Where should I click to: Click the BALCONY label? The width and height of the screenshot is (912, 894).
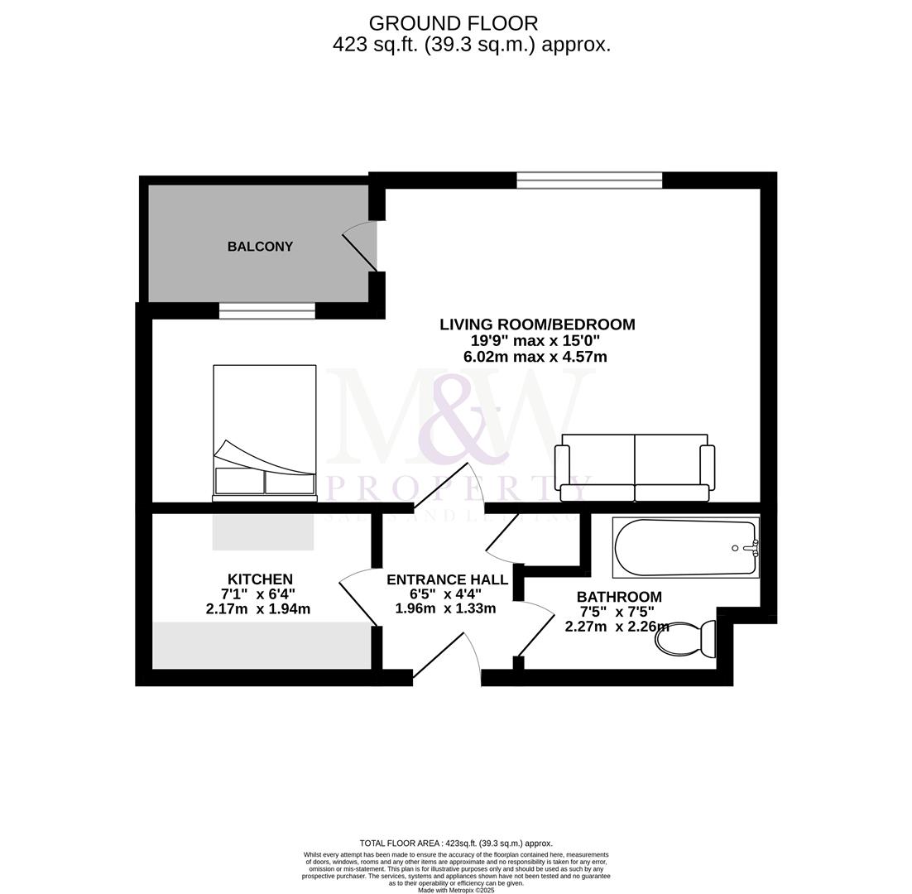260,247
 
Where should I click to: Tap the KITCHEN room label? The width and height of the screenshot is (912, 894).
260,579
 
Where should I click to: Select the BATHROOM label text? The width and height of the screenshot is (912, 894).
619,597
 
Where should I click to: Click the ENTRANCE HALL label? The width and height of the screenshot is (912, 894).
447,579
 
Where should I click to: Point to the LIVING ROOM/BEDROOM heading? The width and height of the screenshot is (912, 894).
537,324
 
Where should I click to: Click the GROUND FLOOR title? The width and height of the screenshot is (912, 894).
454,23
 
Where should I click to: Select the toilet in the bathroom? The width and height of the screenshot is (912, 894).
685,638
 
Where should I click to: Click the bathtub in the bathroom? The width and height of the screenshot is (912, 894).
685,547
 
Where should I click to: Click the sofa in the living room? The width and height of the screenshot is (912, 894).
635,469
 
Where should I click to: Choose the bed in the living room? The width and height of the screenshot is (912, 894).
265,432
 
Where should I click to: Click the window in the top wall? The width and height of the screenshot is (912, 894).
589,180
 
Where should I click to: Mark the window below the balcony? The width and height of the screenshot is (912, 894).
266,310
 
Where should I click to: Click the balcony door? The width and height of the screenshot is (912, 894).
361,252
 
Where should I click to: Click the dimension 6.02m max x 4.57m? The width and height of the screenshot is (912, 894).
535,358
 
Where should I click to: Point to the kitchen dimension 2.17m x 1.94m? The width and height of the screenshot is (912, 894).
258,609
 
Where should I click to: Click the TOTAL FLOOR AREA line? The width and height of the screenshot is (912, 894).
456,844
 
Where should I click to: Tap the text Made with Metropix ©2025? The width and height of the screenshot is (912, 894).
456,890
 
